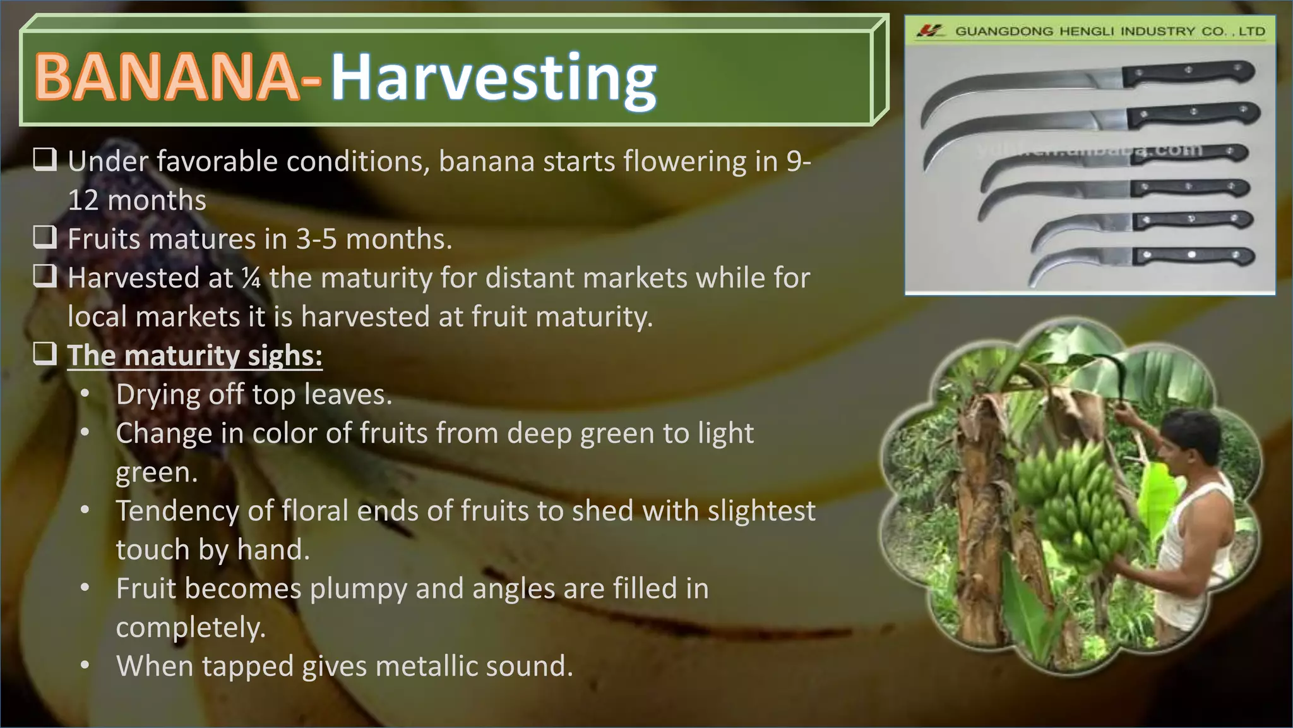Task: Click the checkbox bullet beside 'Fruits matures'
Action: [x=45, y=238]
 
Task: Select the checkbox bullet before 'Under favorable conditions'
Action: [x=45, y=160]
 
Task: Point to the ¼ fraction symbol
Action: [x=251, y=278]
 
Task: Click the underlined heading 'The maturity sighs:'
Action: [x=195, y=355]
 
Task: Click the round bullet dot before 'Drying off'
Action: [x=85, y=394]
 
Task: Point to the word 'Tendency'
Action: [x=177, y=511]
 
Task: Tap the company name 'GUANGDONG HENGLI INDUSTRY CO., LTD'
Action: [x=1110, y=31]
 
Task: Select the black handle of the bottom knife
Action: [x=1193, y=256]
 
